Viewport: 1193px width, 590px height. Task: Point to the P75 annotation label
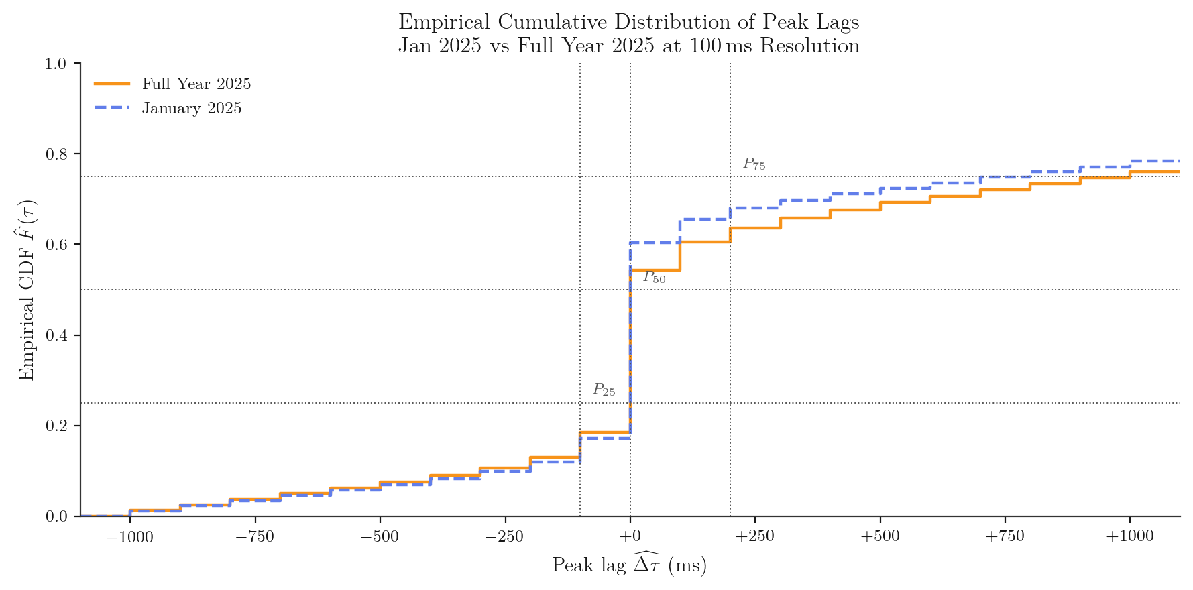(754, 164)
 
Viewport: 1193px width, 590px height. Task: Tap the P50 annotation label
(655, 277)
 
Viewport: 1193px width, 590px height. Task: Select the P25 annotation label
(604, 390)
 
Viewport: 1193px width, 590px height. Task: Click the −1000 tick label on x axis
(130, 536)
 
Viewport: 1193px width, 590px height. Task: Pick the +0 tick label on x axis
(630, 536)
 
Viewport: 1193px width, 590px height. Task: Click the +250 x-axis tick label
(754, 536)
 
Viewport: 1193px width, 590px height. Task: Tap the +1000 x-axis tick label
(1129, 536)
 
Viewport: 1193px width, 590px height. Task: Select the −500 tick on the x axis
(380, 536)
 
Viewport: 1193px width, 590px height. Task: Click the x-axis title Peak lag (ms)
(629, 565)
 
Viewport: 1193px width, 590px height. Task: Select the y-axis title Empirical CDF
(26, 290)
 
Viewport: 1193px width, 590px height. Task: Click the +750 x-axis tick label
(1005, 536)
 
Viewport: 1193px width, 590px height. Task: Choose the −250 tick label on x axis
(504, 536)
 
